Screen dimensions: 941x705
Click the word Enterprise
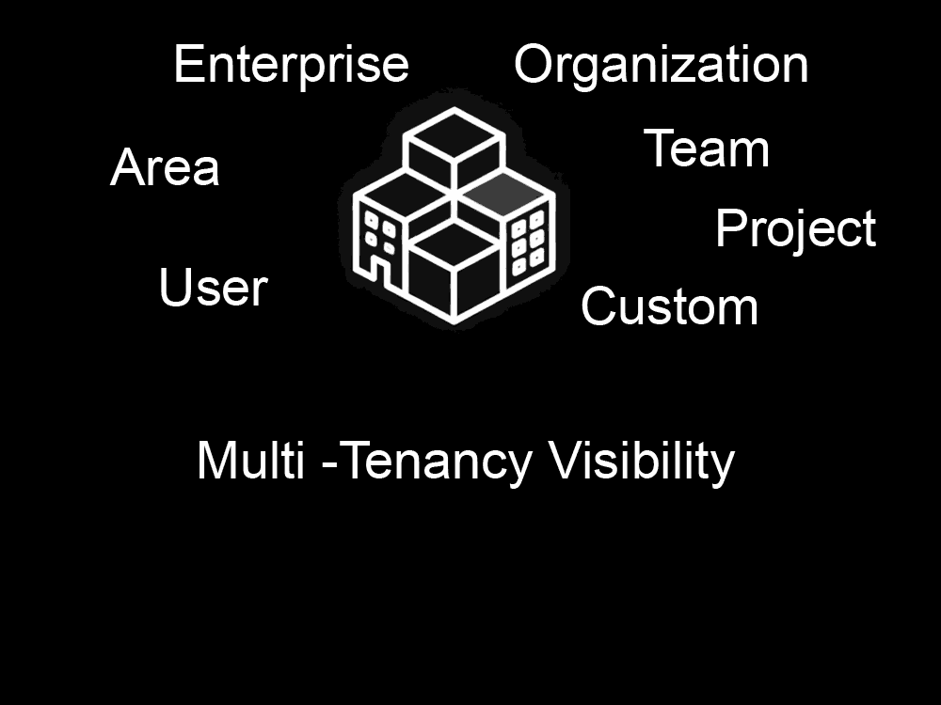(291, 67)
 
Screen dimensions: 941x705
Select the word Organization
(662, 67)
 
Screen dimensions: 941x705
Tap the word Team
(707, 149)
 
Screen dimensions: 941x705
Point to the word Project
(796, 229)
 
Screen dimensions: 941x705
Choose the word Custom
(669, 306)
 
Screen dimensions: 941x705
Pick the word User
(213, 287)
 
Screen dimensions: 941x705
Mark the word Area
(165, 167)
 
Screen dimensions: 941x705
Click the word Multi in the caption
(251, 461)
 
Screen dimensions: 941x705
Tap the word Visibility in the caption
(642, 461)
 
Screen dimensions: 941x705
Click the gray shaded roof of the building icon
(504, 194)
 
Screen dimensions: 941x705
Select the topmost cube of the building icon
(455, 149)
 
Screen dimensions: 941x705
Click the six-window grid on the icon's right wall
(528, 243)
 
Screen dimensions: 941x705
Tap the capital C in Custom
(598, 306)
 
